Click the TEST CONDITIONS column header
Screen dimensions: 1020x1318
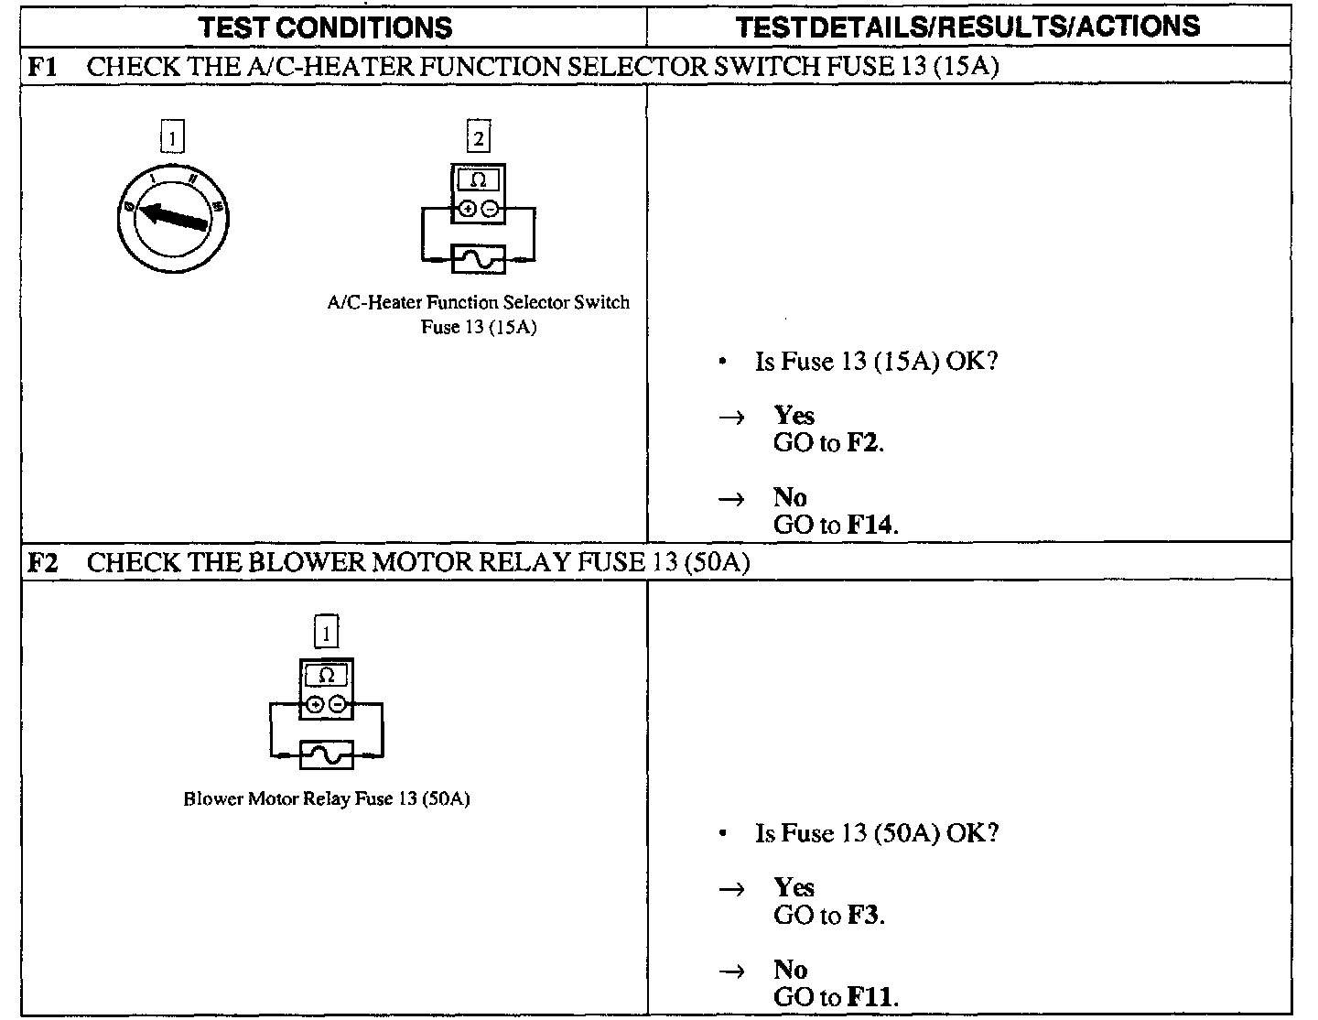tap(326, 27)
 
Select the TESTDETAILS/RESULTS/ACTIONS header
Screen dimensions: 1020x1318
tap(968, 27)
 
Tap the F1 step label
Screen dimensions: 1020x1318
tap(42, 66)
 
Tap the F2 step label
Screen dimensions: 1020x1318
tap(42, 561)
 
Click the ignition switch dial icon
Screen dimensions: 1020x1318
tap(174, 217)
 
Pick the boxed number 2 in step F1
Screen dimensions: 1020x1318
tap(478, 138)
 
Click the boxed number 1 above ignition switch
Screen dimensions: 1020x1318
tap(172, 138)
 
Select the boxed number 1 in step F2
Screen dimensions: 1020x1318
tap(326, 632)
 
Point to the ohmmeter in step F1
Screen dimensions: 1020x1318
tap(478, 194)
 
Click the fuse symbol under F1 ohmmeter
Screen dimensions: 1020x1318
tap(478, 259)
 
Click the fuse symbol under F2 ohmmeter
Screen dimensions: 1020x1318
tap(326, 754)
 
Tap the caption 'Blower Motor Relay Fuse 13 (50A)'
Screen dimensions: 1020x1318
tap(327, 798)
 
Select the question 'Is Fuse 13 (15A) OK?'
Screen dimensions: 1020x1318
tap(875, 361)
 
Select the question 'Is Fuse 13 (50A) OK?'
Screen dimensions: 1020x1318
tap(876, 833)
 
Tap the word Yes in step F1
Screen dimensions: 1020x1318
tap(794, 416)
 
